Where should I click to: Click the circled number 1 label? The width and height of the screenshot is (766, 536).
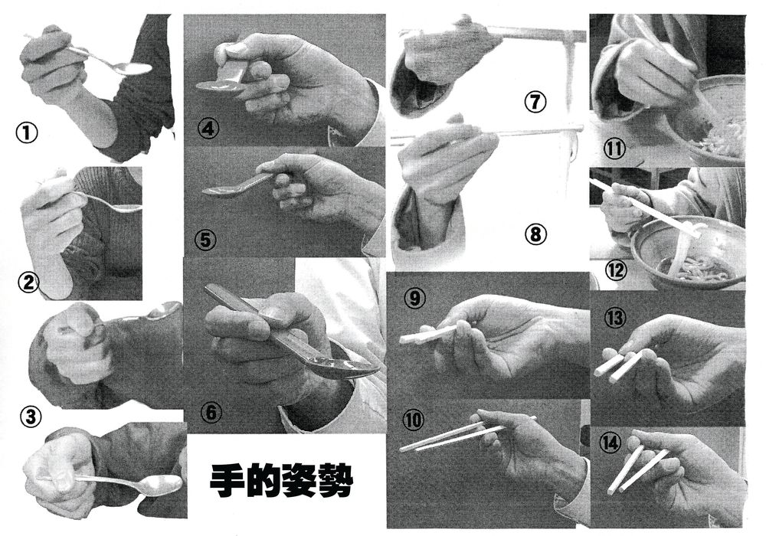(x=27, y=132)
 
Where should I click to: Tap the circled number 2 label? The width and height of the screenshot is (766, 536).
(x=29, y=282)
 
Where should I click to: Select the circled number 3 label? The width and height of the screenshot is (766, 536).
(x=31, y=417)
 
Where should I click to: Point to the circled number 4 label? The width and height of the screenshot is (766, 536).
(x=209, y=129)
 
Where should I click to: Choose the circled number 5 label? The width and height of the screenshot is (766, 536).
(x=205, y=240)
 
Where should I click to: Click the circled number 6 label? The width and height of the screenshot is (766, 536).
(x=211, y=413)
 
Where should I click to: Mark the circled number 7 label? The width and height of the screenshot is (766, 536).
(x=535, y=102)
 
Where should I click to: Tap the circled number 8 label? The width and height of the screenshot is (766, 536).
(x=536, y=235)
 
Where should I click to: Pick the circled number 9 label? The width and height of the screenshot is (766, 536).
(x=414, y=298)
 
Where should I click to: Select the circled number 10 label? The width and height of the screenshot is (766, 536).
(x=414, y=420)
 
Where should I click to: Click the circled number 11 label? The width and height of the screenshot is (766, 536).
(x=614, y=149)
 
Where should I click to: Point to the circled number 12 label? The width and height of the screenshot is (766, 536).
(x=616, y=270)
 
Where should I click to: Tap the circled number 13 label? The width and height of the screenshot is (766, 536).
(x=614, y=318)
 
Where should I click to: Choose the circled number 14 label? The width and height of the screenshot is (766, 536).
(x=611, y=443)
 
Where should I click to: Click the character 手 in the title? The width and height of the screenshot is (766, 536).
(x=228, y=480)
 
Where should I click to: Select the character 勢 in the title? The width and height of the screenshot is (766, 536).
(x=336, y=480)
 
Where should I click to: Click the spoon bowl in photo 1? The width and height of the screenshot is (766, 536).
(x=134, y=69)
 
